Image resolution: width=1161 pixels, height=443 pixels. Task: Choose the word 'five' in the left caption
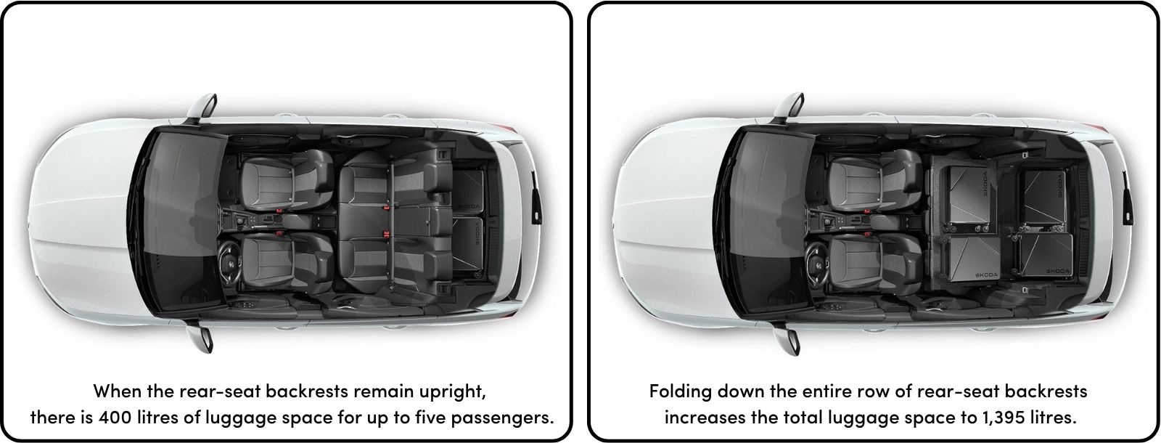point(430,417)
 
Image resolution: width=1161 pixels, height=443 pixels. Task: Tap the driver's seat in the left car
point(286,263)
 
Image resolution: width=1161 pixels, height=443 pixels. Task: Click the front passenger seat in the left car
point(286,179)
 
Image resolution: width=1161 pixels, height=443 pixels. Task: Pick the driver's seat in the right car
point(874,263)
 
